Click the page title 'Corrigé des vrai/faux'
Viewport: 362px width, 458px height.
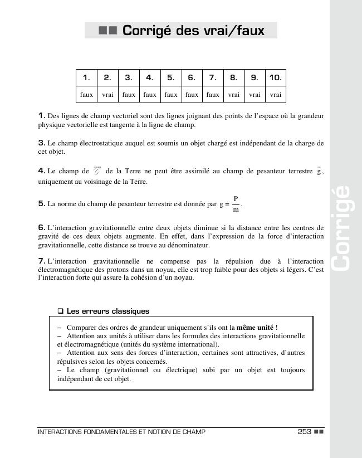coord(193,30)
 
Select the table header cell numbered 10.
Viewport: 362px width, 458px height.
coord(275,77)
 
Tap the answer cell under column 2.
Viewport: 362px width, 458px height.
coord(107,95)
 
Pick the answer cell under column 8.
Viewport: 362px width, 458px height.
coord(233,95)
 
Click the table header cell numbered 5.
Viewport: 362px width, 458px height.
coord(170,77)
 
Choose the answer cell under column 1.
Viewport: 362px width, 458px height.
coord(86,95)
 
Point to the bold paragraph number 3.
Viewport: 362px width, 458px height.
coord(42,143)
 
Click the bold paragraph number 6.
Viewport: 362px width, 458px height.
coord(42,227)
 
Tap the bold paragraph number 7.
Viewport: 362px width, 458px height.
coord(42,261)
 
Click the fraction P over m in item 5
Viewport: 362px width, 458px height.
coord(236,204)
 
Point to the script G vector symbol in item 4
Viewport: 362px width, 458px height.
coord(97,170)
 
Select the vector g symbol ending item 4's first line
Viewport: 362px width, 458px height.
coord(319,170)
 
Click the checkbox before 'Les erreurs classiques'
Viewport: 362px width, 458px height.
coord(61,311)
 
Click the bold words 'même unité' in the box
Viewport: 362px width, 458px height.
coord(255,327)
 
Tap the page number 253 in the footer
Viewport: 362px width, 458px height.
coord(304,432)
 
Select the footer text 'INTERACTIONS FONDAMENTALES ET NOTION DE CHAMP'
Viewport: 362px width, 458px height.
coord(121,432)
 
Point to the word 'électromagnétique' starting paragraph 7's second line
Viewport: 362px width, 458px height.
coord(64,270)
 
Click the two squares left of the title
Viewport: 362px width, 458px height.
coord(107,31)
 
